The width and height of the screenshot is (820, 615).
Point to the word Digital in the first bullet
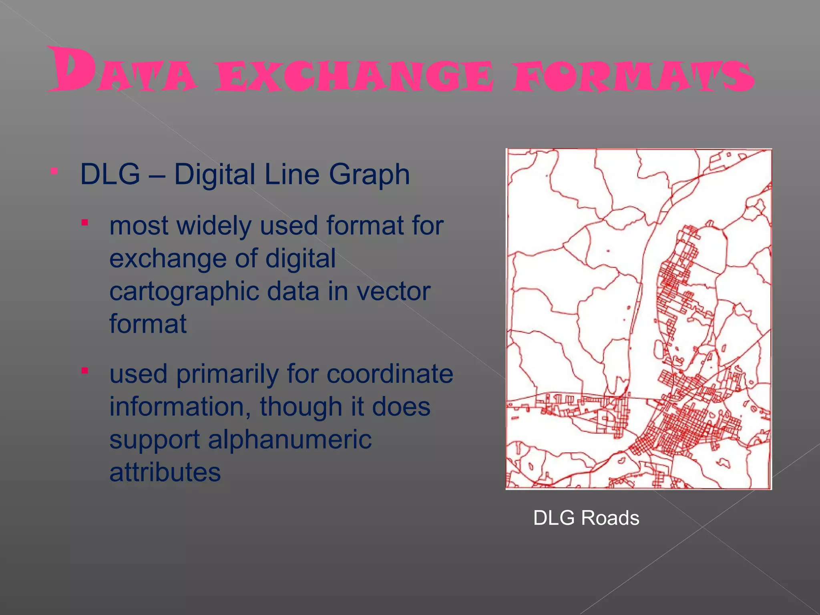[214, 175]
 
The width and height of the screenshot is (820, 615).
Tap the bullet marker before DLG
[54, 171]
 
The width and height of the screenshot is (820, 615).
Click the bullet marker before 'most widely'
[84, 222]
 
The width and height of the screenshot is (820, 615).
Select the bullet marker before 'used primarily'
[84, 370]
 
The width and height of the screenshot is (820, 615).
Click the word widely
[214, 225]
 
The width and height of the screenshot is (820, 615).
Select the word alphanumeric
[290, 440]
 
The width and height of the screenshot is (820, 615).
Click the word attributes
[165, 472]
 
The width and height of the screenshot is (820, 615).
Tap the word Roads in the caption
[610, 518]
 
